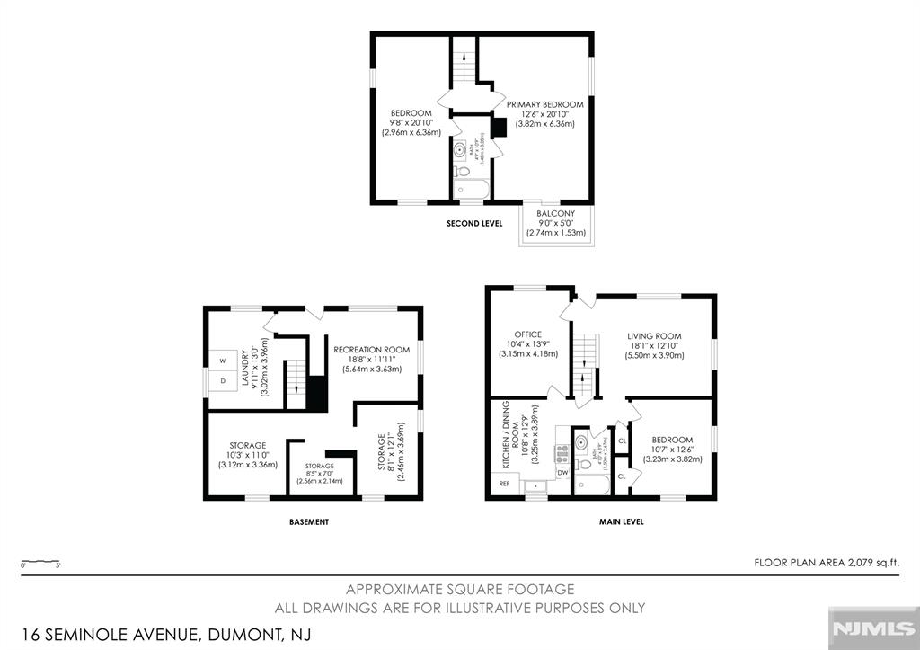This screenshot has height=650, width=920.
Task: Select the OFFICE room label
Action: tap(527, 334)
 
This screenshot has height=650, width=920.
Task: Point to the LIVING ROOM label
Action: tap(654, 336)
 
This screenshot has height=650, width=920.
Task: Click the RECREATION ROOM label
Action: tap(371, 349)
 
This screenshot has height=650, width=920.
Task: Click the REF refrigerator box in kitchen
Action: tap(504, 484)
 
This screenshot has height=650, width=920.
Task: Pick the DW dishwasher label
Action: tap(562, 472)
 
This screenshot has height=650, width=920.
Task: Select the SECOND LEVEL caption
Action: tap(474, 222)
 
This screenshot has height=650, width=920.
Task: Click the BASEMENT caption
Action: tap(308, 521)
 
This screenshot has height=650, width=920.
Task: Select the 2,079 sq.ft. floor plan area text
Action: tap(827, 562)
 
